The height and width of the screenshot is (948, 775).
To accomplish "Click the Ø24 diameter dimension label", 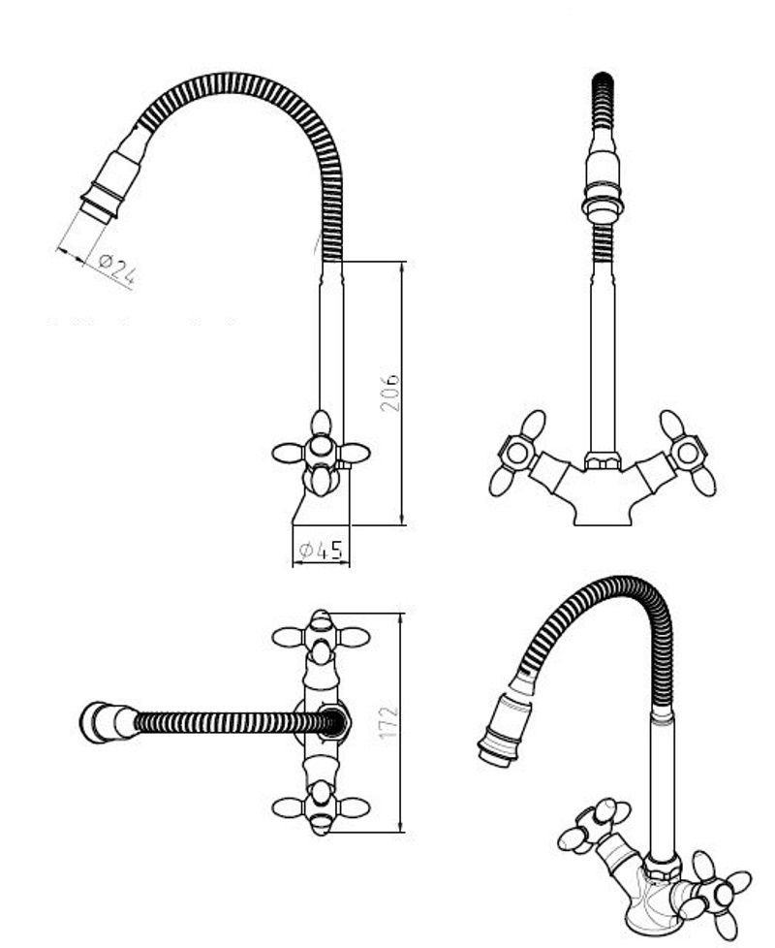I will click(116, 269).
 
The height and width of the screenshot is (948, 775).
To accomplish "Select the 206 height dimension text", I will click(389, 392).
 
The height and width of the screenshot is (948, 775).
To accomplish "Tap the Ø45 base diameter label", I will click(321, 551).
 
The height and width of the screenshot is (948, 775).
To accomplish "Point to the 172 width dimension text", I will click(389, 722).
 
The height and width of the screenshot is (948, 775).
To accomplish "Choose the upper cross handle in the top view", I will click(321, 637).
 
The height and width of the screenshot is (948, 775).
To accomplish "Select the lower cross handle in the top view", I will click(321, 807).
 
